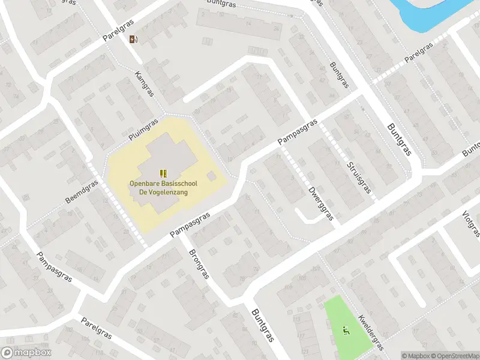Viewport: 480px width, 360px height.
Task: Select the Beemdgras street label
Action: coord(82,191)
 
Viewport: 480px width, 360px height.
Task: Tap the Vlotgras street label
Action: coord(472,224)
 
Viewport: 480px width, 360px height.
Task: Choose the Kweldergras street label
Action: coord(370,331)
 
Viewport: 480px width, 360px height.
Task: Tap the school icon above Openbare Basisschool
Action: coord(163,173)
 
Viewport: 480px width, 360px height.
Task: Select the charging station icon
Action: coord(133,40)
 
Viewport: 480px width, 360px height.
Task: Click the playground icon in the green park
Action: coord(345,329)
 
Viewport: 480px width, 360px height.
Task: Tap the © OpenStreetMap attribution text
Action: coord(455,356)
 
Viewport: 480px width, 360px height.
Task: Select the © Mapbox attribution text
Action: coord(416,356)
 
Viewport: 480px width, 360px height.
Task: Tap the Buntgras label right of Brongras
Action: coord(262,325)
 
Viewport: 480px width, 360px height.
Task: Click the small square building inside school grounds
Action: coord(211,176)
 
